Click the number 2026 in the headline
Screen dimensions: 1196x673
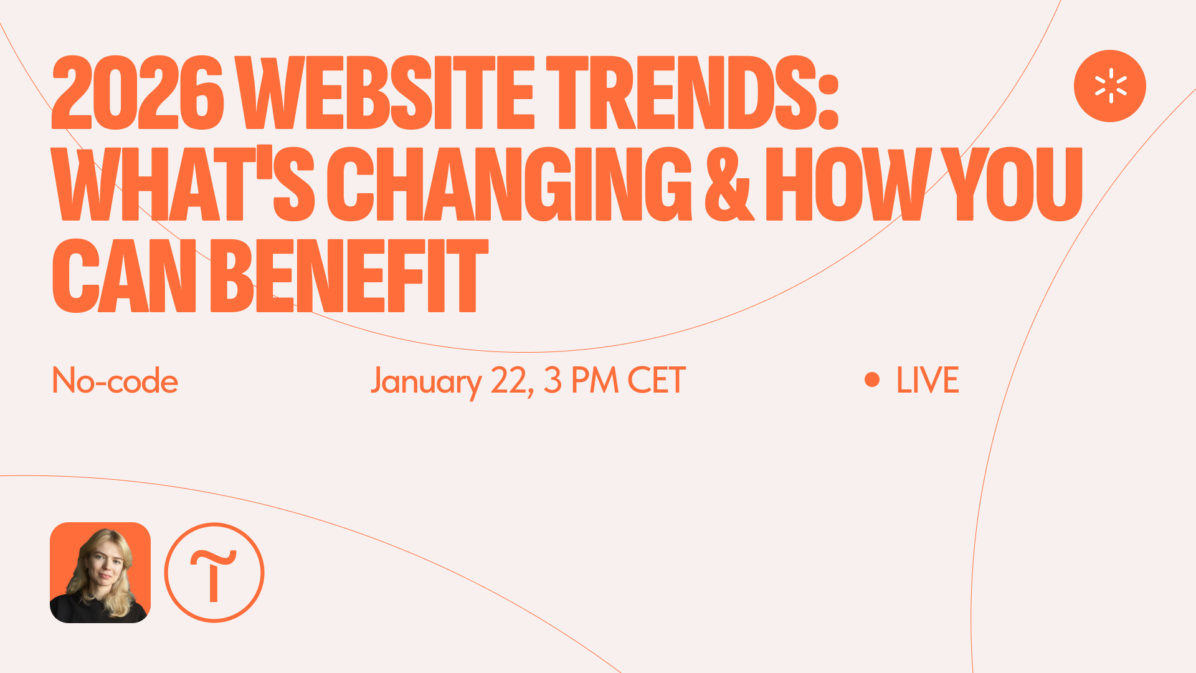point(138,93)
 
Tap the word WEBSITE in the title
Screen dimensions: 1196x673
point(387,93)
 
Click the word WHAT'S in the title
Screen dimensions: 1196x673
point(184,184)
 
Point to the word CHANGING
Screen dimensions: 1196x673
point(509,184)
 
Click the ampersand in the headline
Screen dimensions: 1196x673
point(729,184)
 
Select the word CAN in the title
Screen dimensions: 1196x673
point(124,275)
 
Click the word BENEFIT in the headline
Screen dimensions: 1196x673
point(349,275)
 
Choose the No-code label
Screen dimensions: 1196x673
point(115,381)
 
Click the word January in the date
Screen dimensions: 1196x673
point(427,382)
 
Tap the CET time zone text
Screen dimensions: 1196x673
point(657,381)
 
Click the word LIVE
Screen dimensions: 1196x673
point(928,381)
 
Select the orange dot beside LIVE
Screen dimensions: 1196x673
point(872,379)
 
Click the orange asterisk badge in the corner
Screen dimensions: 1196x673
point(1110,86)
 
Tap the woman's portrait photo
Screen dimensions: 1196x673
point(100,573)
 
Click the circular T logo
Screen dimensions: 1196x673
point(214,573)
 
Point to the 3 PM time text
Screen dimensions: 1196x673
point(581,381)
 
